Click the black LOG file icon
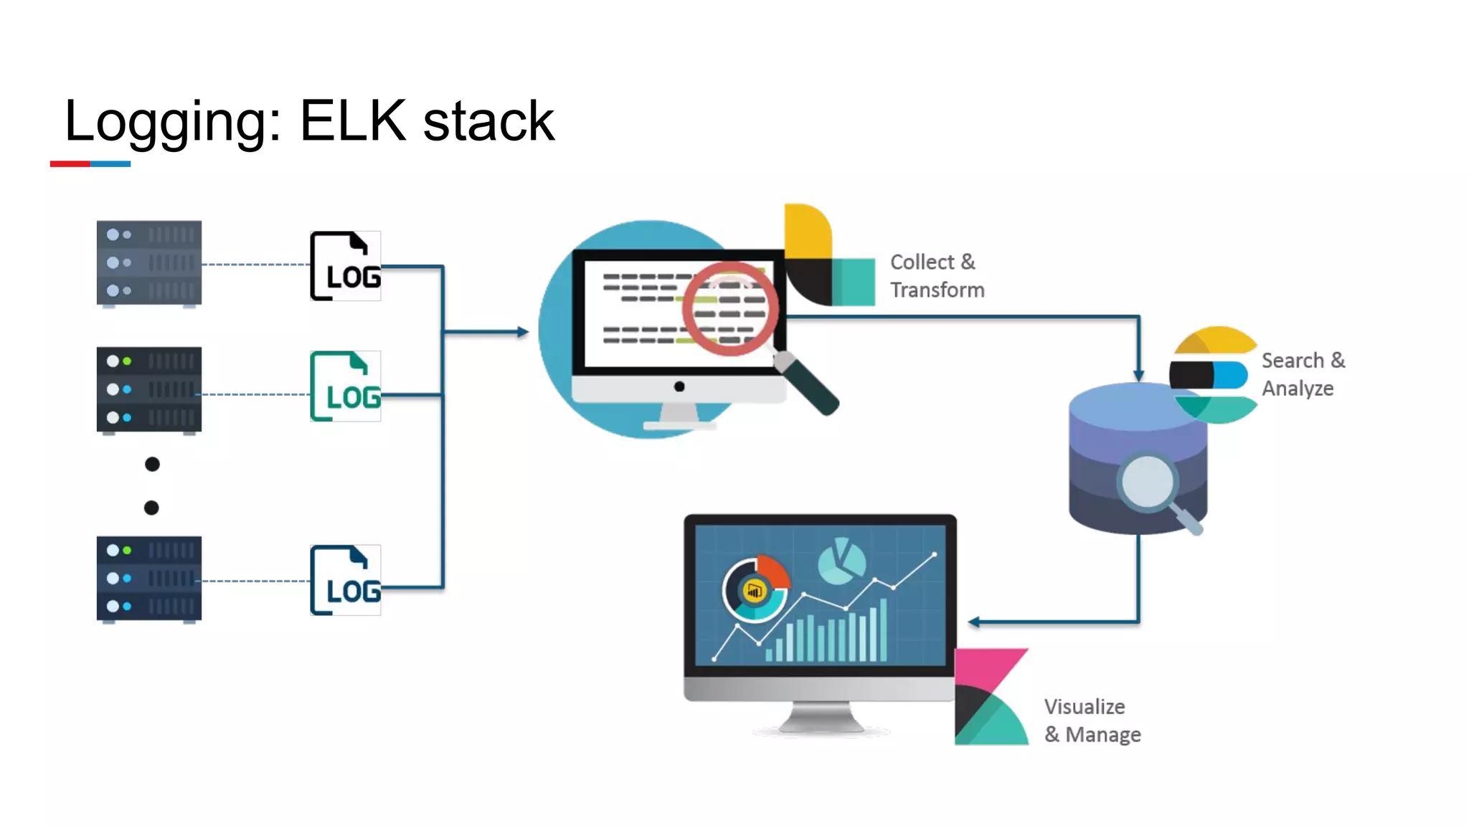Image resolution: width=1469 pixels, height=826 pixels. (x=346, y=266)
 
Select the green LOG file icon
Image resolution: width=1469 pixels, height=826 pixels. (x=346, y=386)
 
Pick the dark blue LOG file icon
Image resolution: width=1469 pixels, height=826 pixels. (x=346, y=580)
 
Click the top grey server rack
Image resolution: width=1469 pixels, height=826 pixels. (x=149, y=263)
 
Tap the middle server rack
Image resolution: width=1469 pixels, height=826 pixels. (x=149, y=390)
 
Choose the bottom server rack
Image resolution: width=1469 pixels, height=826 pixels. (x=149, y=579)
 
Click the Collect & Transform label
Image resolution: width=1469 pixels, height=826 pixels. (x=937, y=276)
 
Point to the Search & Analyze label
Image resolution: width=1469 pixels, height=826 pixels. (x=1303, y=374)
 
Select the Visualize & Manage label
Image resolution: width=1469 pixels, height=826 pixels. (x=1092, y=721)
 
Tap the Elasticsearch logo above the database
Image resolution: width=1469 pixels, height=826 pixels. (x=1214, y=375)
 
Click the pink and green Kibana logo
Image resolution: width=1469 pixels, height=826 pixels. (x=991, y=697)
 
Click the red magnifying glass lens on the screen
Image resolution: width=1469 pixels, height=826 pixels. (x=730, y=308)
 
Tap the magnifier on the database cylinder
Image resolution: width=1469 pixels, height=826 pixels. (x=1148, y=483)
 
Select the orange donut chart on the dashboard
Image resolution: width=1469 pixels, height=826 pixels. (x=755, y=590)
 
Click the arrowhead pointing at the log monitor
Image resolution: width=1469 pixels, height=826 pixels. (x=523, y=331)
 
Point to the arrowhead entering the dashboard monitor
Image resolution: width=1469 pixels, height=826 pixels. (x=973, y=622)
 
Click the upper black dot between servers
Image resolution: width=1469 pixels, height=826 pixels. (x=152, y=464)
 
